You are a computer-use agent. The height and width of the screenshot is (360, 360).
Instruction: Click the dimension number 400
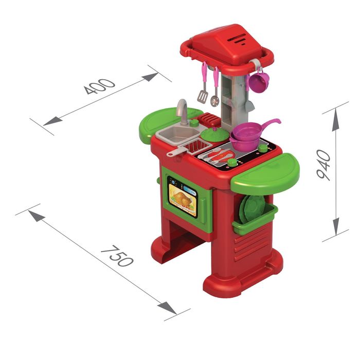click(x=99, y=86)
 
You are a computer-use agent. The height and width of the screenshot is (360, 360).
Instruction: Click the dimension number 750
click(x=117, y=256)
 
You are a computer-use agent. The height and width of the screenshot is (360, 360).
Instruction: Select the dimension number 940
click(x=323, y=165)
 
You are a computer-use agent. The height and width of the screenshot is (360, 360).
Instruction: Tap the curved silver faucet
click(x=183, y=112)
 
